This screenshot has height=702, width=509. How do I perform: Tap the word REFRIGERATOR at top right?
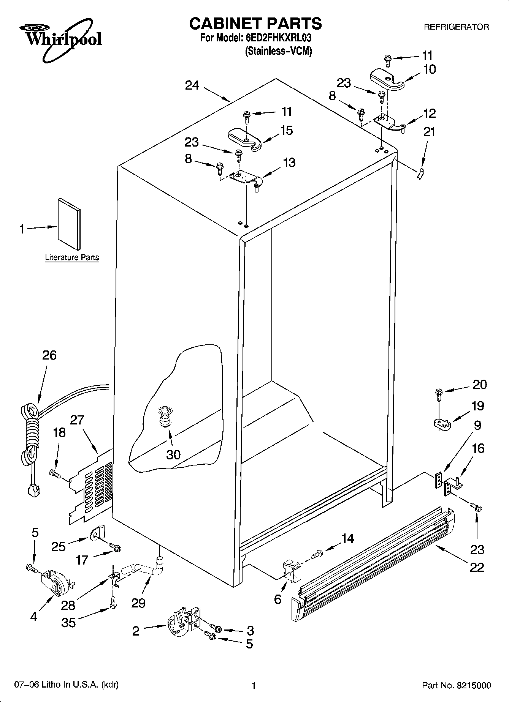tap(456, 27)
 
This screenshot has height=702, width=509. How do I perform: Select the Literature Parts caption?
tap(72, 257)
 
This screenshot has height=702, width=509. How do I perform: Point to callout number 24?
tap(192, 85)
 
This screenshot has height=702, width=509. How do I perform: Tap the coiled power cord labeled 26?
tap(30, 433)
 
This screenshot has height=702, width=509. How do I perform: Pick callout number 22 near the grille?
tap(477, 567)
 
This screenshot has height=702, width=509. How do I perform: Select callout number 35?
tap(69, 623)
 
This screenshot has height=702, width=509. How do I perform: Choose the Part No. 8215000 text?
tap(456, 685)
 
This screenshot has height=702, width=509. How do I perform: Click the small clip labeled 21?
tap(420, 175)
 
